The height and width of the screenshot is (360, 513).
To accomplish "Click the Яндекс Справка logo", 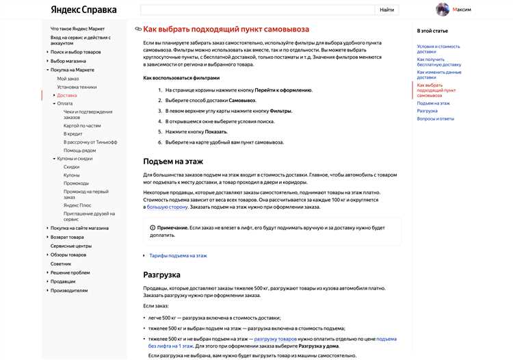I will pos(83,10).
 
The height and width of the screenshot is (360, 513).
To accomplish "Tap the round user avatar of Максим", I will pos(443,10).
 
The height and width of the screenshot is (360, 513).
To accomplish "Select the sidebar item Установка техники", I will pos(77,87).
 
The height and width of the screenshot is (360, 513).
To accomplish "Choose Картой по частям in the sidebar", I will pos(82,125).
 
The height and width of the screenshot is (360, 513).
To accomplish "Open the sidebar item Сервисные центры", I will pos(70,246).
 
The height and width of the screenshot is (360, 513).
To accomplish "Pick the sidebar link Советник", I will pos(61,263).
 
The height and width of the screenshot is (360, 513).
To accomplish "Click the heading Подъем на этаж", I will pos(173,161).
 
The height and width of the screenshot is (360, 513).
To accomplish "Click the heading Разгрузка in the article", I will pos(161,274).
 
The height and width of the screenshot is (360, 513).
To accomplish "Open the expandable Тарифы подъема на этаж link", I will pos(178,255).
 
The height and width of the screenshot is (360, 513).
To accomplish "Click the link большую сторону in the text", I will pos(167,206).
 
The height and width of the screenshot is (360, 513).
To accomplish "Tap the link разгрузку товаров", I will pos(276,339).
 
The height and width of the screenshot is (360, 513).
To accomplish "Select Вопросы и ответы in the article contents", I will pos(436,118).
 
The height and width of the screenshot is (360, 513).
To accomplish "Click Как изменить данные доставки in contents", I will pos(439,75).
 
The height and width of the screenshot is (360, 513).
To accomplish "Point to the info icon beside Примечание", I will pos(152,227).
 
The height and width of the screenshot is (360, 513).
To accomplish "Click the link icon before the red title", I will pos(138,29).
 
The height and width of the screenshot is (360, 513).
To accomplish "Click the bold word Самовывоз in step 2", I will pos(242,100).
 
